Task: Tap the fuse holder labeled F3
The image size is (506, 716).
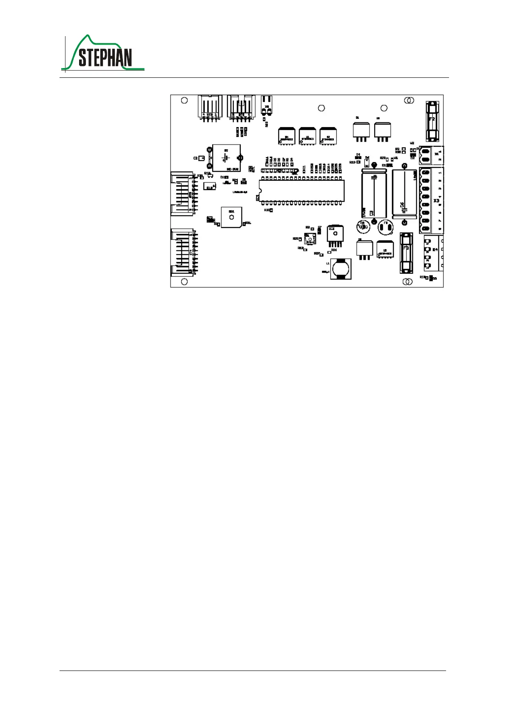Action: (x=406, y=253)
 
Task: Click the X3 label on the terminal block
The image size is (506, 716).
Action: (x=436, y=200)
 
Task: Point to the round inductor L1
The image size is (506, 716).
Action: (x=341, y=269)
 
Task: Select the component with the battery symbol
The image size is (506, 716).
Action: (x=226, y=158)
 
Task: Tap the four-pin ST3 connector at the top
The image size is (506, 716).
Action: (x=210, y=108)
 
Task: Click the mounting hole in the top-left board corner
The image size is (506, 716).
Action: (x=185, y=100)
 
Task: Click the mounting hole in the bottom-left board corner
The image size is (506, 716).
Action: (x=185, y=281)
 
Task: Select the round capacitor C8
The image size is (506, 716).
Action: (x=364, y=227)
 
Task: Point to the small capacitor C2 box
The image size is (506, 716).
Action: (x=202, y=158)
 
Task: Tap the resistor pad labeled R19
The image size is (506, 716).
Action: (x=358, y=162)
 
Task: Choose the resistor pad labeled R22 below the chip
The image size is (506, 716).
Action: (x=271, y=210)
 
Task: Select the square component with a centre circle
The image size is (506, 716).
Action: (x=231, y=218)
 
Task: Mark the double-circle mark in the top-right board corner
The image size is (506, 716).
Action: (x=409, y=100)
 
